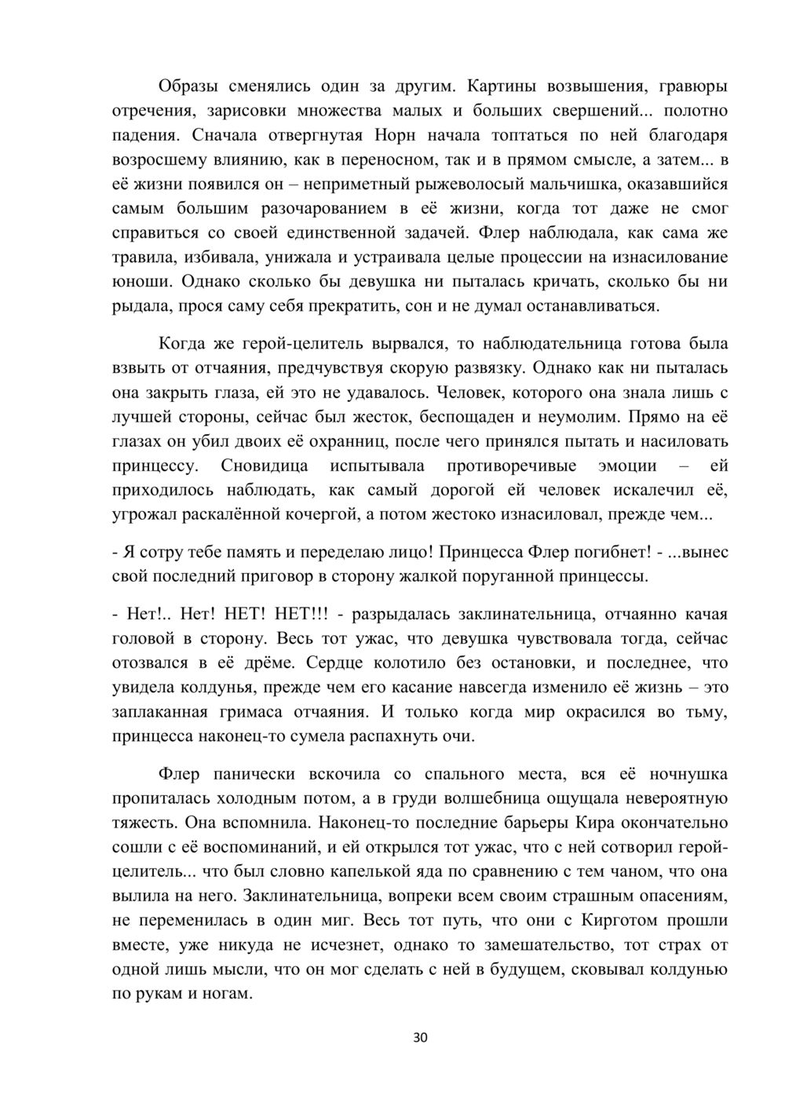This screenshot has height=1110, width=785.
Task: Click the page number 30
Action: [x=420, y=1038]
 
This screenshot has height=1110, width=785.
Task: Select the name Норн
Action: [x=391, y=135]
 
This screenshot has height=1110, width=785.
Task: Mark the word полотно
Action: [x=695, y=111]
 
